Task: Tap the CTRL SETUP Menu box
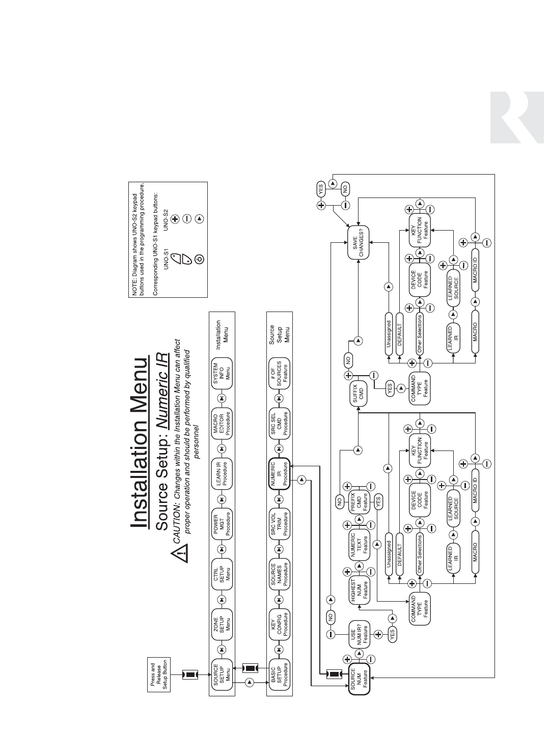[222, 574]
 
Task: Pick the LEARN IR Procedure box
[222, 473]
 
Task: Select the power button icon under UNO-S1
[199, 259]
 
